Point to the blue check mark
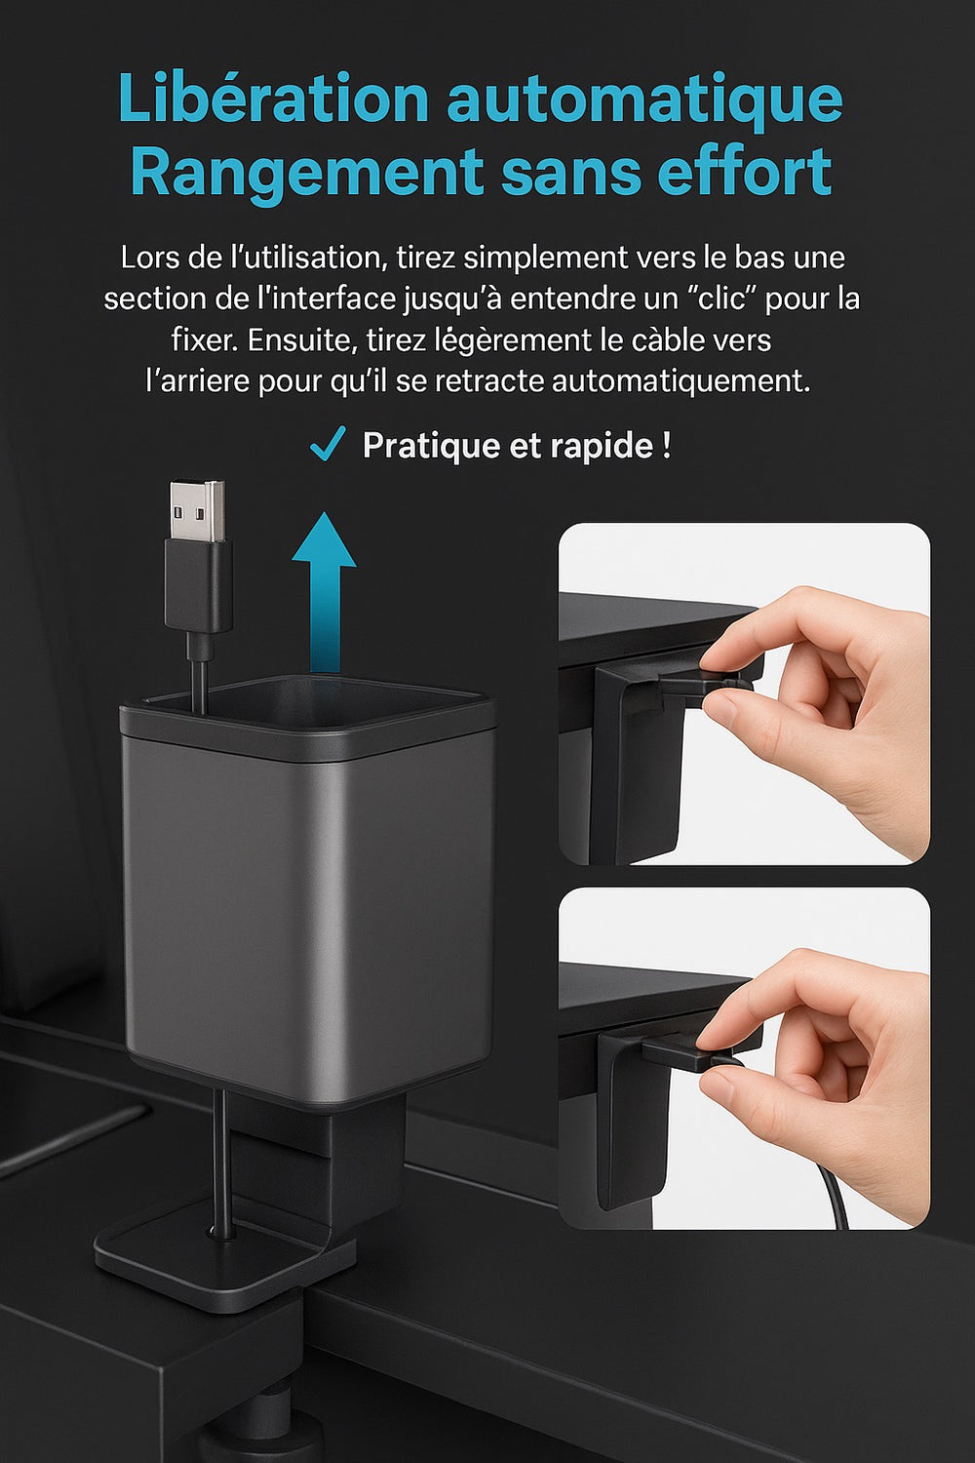click(x=328, y=444)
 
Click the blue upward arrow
click(x=324, y=591)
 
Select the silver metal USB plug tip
click(x=197, y=510)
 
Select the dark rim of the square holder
click(x=307, y=720)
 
